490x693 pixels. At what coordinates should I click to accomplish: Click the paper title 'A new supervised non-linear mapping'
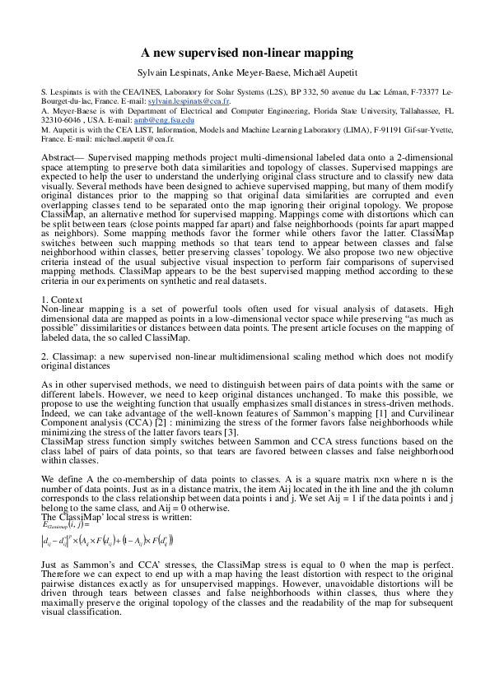click(x=245, y=53)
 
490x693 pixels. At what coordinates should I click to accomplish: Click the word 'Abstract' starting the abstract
click(x=58, y=156)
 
